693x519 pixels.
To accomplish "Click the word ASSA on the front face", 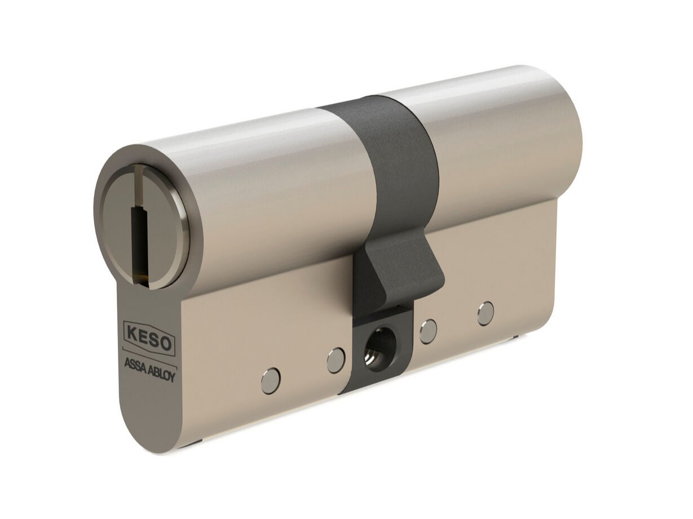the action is pyautogui.click(x=135, y=365).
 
